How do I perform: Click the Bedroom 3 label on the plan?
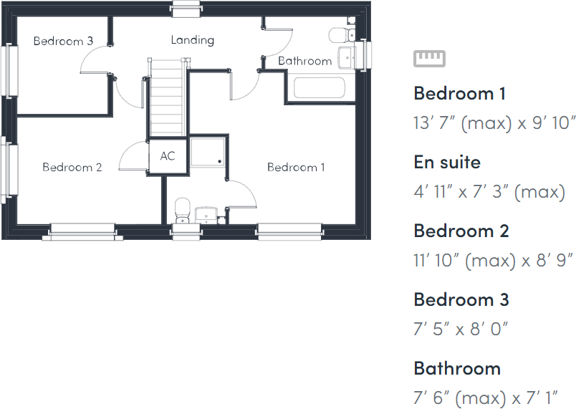[x=63, y=41]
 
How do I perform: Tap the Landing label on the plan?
[x=192, y=39]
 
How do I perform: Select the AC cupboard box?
[x=168, y=156]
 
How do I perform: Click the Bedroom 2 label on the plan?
[x=72, y=167]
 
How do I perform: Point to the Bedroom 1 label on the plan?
[x=296, y=167]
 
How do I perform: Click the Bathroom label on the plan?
[x=304, y=61]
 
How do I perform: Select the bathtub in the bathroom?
[x=319, y=89]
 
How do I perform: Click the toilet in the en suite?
[x=183, y=211]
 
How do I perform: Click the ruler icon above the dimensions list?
[x=429, y=58]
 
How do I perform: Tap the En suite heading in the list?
[x=447, y=162]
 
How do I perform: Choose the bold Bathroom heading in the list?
[x=456, y=368]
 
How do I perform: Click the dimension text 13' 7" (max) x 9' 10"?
[x=494, y=122]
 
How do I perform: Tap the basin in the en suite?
[x=206, y=213]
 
